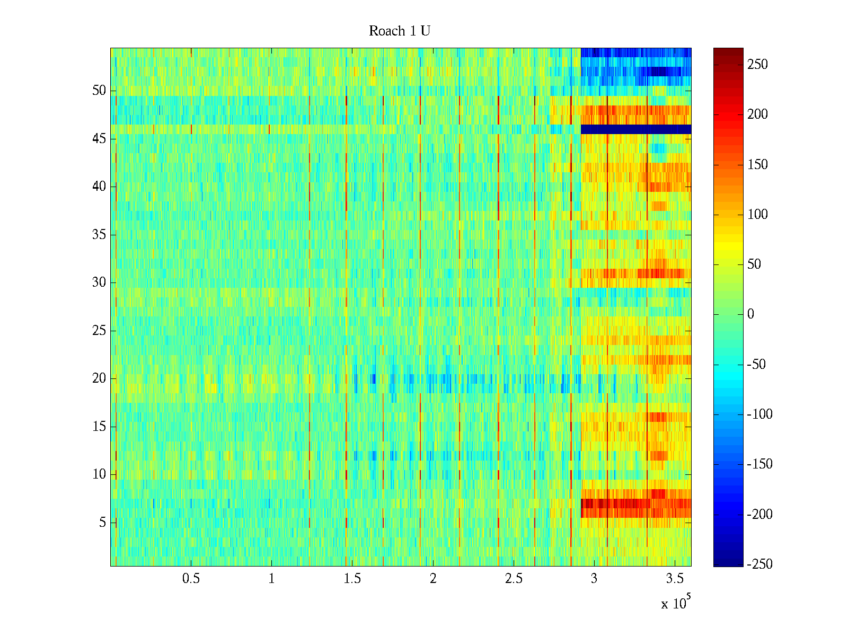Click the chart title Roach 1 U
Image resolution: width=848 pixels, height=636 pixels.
click(x=399, y=31)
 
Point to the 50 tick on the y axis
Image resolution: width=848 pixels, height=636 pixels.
click(x=99, y=91)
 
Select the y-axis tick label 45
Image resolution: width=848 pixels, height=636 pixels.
click(x=99, y=139)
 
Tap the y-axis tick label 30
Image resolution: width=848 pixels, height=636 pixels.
click(x=99, y=282)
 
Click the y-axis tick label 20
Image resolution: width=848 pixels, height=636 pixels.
click(x=99, y=378)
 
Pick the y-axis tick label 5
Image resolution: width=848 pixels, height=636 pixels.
click(x=102, y=523)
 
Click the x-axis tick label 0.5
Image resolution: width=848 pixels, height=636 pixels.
click(x=191, y=579)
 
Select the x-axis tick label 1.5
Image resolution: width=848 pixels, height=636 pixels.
click(x=352, y=579)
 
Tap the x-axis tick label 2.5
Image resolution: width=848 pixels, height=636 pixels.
click(x=514, y=579)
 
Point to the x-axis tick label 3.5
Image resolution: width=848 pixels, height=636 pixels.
click(x=675, y=579)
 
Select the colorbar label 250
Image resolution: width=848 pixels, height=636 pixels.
click(x=757, y=65)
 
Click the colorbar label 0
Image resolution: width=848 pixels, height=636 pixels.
click(x=750, y=314)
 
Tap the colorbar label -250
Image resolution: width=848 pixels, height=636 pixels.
click(x=759, y=564)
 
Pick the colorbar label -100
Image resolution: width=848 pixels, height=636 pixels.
click(x=759, y=414)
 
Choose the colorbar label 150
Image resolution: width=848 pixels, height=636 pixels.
click(x=757, y=165)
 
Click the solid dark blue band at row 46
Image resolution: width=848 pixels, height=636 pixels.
click(x=636, y=129)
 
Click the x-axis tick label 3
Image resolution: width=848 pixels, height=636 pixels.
click(x=594, y=579)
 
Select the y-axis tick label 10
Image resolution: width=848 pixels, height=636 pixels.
click(x=99, y=474)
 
